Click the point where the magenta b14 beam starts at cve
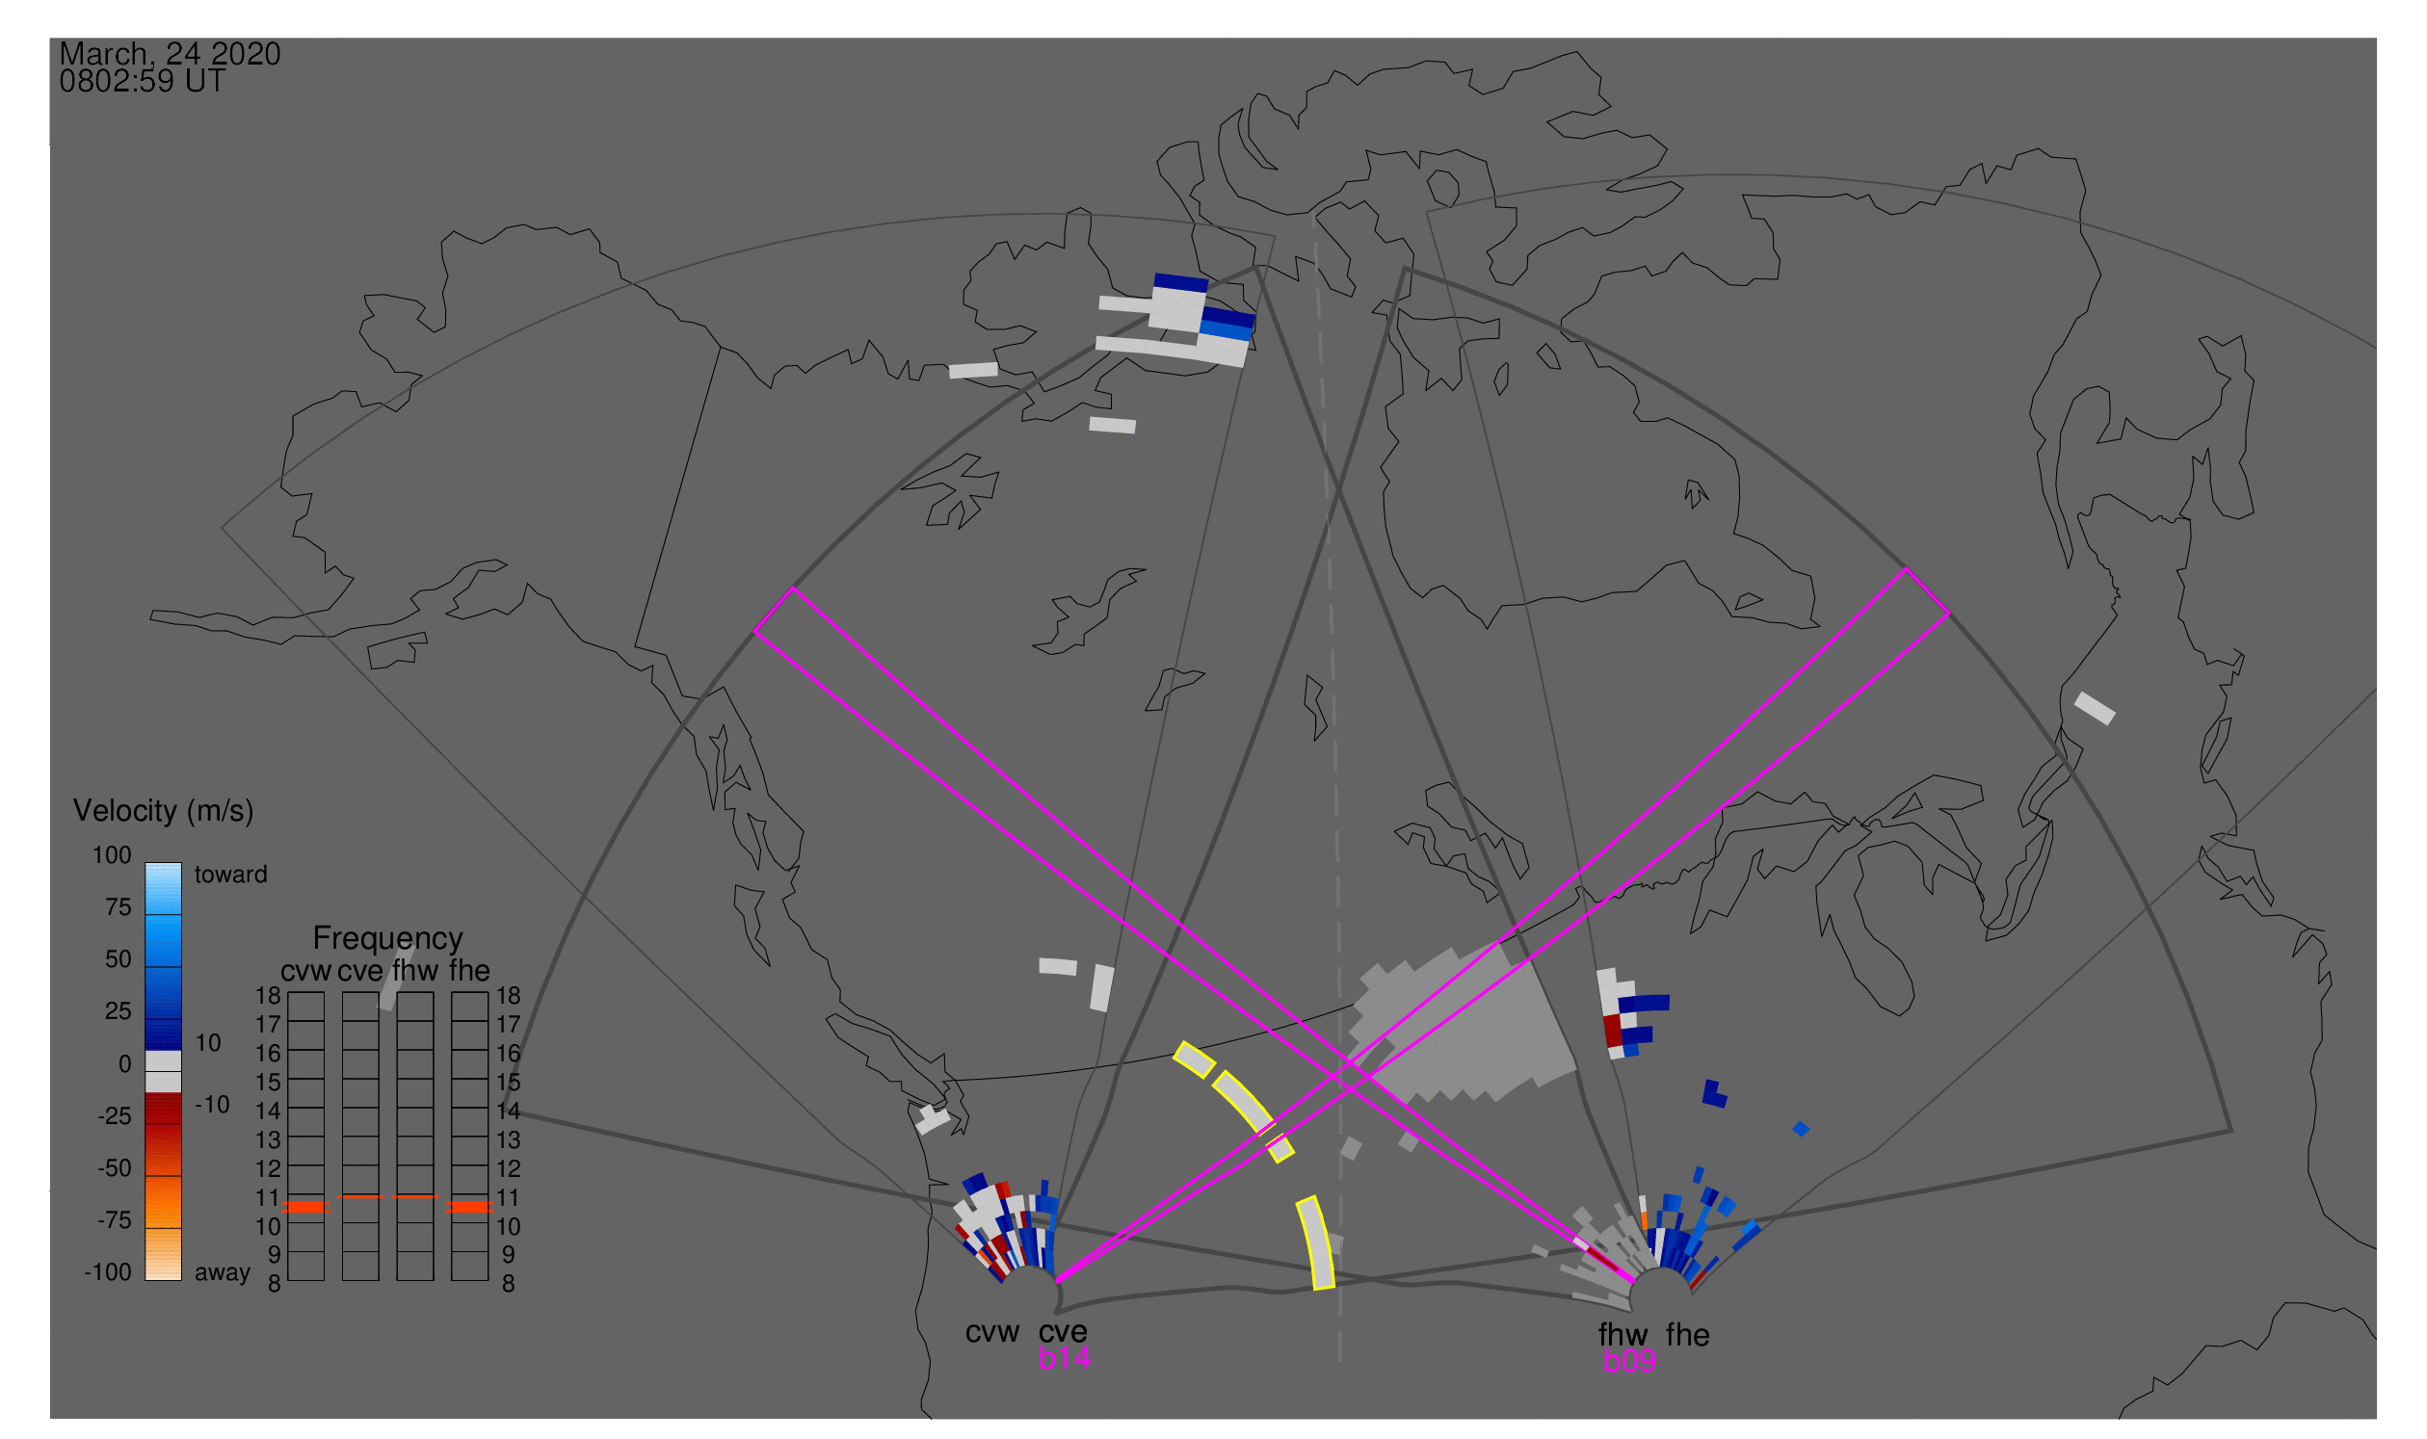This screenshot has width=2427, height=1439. (x=1056, y=1282)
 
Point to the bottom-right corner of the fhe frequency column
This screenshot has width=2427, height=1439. (x=488, y=1280)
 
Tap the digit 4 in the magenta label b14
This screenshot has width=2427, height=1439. (x=1082, y=1358)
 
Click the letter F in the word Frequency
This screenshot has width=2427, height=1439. (x=321, y=939)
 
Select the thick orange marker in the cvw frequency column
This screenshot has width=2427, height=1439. (x=306, y=1207)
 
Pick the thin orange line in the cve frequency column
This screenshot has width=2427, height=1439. (x=361, y=1196)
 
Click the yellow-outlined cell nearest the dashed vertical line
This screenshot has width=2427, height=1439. (x=1316, y=1243)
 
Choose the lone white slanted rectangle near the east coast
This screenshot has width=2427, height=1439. (x=2095, y=708)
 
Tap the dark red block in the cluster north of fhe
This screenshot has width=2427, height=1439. (x=1612, y=1031)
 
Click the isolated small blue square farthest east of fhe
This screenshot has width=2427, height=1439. (x=1802, y=1129)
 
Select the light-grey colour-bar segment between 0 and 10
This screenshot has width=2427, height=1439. (x=163, y=1060)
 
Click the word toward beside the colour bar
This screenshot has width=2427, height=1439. (x=231, y=875)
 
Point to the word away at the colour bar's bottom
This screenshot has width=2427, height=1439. (x=223, y=1272)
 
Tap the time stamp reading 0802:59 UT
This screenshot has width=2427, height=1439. (x=143, y=82)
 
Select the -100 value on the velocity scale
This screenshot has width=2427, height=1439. (x=108, y=1272)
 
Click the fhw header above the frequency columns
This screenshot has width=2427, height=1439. (x=415, y=971)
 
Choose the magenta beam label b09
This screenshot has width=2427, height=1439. (x=1629, y=1361)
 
